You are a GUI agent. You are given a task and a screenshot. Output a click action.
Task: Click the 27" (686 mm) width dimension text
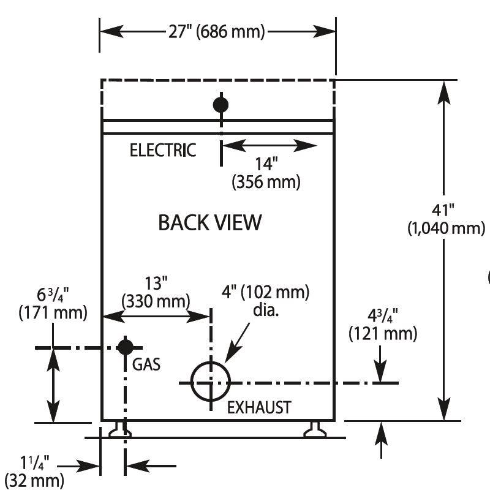(217, 32)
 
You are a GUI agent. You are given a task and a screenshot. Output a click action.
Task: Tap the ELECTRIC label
(163, 150)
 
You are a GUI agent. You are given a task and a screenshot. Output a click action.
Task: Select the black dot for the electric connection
(221, 105)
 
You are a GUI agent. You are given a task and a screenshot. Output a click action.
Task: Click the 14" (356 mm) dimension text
(266, 173)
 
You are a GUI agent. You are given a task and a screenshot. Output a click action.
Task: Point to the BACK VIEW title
(210, 222)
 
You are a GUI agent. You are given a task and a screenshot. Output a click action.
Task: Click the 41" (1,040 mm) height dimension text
(447, 220)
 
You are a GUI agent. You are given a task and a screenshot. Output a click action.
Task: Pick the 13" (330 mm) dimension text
(156, 292)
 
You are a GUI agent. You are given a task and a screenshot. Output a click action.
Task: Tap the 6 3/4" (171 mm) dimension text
(53, 304)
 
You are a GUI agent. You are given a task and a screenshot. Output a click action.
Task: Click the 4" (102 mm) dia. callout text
(265, 300)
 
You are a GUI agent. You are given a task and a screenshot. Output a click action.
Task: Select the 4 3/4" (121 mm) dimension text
(383, 325)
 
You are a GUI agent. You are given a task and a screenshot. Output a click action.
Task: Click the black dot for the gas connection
(126, 347)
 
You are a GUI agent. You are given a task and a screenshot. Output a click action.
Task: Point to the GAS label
(146, 364)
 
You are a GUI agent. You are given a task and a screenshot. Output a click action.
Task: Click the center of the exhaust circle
(211, 382)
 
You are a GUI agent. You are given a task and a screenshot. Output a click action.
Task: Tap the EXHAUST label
(259, 407)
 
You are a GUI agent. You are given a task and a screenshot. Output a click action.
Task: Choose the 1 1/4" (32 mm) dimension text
(34, 472)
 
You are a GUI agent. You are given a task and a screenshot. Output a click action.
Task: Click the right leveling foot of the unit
(315, 429)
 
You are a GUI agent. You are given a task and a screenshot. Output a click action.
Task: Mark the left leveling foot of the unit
(120, 429)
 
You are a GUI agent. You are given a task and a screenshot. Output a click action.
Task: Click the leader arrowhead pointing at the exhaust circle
(230, 355)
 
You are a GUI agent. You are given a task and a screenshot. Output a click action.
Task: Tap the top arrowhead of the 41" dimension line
(443, 92)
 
